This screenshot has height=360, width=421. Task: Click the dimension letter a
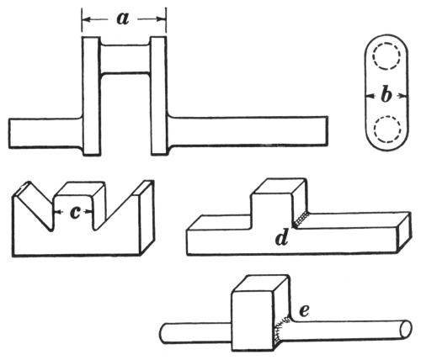(123, 19)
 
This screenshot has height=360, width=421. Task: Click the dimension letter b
(386, 96)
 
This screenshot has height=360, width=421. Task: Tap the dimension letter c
(75, 213)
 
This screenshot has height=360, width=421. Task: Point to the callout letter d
(281, 238)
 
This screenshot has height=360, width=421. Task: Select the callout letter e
(304, 310)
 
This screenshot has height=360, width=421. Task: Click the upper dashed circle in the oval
(386, 56)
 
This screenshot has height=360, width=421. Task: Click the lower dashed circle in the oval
(387, 129)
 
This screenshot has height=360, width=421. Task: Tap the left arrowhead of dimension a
(87, 19)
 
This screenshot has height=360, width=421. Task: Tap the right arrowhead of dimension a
(162, 19)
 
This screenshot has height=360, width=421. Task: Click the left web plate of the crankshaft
(91, 96)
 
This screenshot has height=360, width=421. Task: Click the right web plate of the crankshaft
(159, 95)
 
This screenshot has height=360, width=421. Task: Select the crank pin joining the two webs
(125, 59)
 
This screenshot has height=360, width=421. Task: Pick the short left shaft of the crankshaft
(45, 133)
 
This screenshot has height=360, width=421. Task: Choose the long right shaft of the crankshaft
(248, 131)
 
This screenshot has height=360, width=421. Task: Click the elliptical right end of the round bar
(406, 329)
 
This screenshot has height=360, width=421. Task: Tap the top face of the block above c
(80, 188)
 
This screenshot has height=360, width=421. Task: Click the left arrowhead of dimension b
(370, 96)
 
